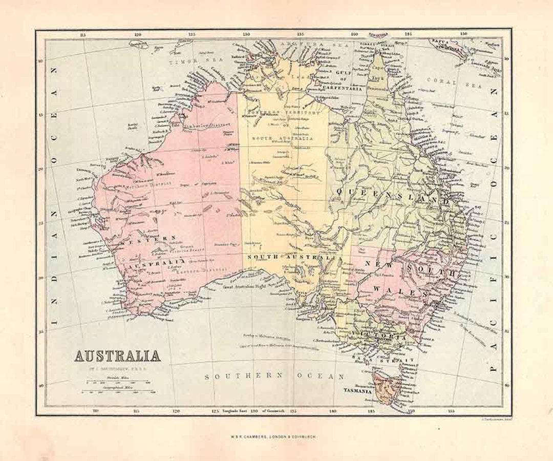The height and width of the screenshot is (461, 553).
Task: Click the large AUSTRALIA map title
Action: coord(118,355)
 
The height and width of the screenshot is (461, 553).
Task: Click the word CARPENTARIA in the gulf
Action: coord(344,88)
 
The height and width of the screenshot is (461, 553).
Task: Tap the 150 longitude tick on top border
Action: coord(463,34)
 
